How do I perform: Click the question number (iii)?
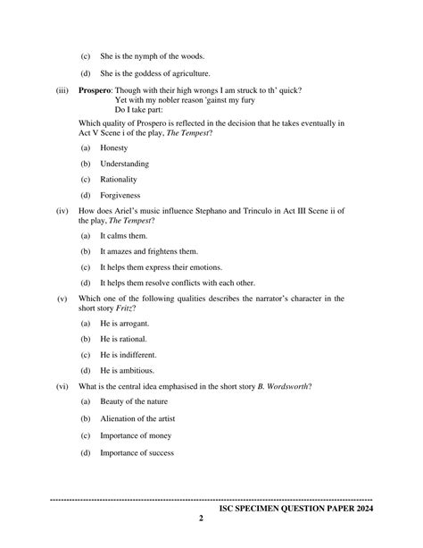(x=62, y=90)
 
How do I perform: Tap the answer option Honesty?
(x=114, y=148)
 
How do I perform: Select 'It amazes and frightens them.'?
(x=149, y=251)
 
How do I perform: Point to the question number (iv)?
(x=62, y=210)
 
